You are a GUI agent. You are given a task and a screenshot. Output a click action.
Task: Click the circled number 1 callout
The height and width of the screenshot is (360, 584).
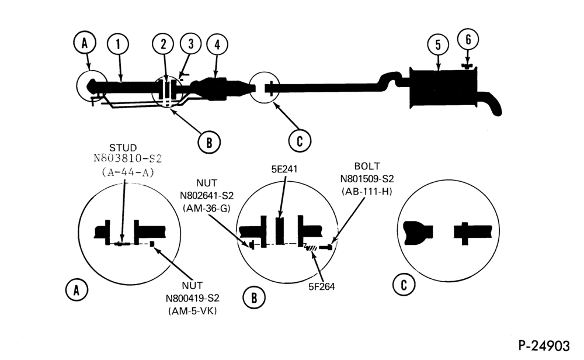pos(118,44)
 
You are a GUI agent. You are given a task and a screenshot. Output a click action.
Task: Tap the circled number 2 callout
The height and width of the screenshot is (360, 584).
pos(164,44)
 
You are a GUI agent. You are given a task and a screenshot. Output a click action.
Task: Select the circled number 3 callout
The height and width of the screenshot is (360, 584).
pos(191,44)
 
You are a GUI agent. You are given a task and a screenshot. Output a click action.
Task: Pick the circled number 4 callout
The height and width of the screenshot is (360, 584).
pos(217,45)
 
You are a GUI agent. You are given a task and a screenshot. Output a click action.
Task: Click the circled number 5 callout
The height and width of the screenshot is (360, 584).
pos(439,45)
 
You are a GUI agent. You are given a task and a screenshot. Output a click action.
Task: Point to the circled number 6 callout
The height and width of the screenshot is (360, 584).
pos(468,39)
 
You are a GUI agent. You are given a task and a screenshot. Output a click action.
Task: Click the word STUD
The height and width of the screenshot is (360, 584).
pos(123,148)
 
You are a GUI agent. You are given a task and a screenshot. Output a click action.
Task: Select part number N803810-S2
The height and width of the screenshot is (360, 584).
pos(128,159)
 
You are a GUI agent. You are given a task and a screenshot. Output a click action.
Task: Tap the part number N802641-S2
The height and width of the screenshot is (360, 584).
pos(207,196)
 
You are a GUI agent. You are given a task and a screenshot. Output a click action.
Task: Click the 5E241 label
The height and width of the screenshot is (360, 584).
pos(284,169)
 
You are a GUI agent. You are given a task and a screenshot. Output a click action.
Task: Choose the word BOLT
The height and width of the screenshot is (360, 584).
pos(367,166)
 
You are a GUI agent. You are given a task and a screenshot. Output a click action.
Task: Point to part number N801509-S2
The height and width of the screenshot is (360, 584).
pos(367,179)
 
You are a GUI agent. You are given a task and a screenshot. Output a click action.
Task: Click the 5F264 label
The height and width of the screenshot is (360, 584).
pos(322,286)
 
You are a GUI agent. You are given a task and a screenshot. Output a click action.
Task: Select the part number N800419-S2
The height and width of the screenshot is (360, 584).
pos(193,299)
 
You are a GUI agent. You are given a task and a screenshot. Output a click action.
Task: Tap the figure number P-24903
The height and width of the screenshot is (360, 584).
pos(544,346)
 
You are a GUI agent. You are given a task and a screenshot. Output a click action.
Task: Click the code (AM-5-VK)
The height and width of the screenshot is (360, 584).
pos(193,311)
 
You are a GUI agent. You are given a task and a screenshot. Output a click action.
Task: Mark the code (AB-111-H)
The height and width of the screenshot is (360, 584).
pos(367,192)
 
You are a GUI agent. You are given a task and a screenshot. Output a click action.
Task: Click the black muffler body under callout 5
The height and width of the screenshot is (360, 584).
pos(443,88)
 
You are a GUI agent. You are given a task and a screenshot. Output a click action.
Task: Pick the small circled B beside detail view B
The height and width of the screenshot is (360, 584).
pos(254,298)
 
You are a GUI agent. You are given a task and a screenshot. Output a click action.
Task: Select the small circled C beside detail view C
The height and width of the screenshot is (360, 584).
pos(404,285)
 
